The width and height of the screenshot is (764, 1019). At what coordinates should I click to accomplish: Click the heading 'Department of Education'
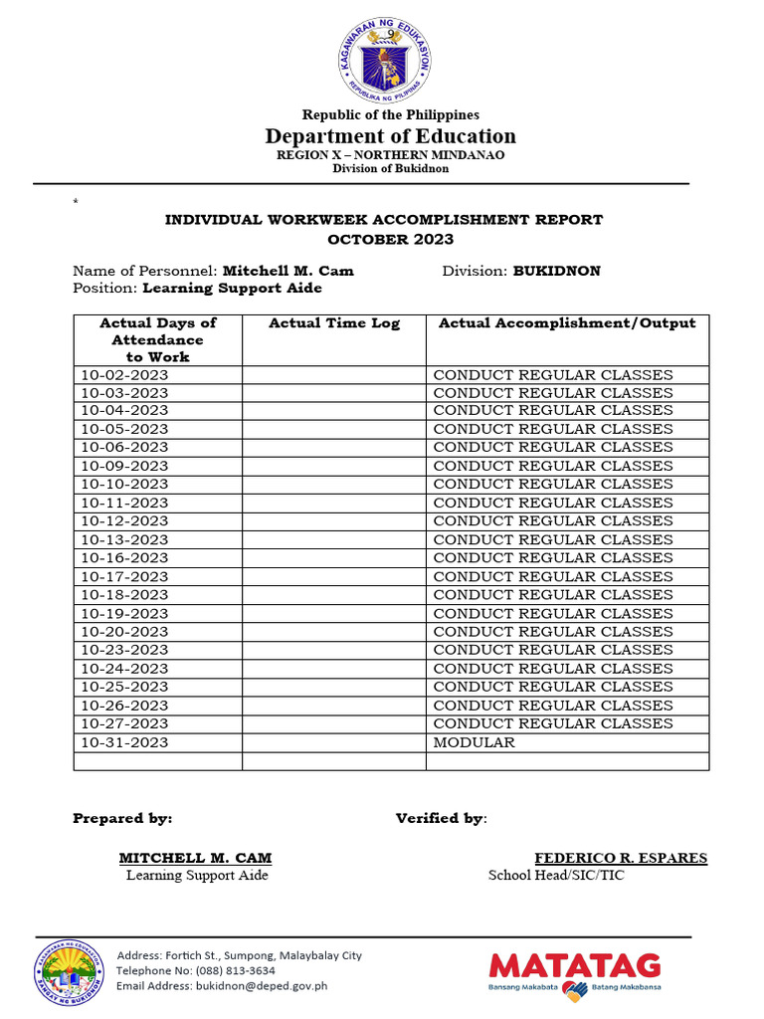tap(390, 136)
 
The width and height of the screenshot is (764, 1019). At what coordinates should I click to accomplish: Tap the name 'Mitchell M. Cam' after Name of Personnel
tap(287, 271)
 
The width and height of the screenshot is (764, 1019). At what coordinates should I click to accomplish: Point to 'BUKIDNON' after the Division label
tap(556, 271)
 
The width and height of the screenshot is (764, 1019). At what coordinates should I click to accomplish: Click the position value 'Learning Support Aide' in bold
tap(232, 288)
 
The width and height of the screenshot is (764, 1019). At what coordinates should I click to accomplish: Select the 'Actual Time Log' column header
tap(334, 323)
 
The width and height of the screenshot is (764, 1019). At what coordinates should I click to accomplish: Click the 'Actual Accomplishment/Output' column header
tap(567, 323)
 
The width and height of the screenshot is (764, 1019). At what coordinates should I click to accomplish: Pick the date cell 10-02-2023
tap(124, 375)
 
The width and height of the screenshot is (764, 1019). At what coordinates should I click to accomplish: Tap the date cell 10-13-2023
tap(124, 539)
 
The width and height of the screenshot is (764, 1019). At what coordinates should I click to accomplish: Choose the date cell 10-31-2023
tap(124, 742)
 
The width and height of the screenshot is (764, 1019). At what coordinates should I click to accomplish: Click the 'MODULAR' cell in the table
tap(474, 742)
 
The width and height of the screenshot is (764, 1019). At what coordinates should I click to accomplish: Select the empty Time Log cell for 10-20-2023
tap(334, 632)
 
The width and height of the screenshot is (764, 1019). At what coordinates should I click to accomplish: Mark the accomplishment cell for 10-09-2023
tap(553, 466)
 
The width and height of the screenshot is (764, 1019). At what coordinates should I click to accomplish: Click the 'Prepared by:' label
tap(122, 818)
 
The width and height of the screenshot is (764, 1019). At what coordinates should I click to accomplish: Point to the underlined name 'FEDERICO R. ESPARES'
tap(621, 858)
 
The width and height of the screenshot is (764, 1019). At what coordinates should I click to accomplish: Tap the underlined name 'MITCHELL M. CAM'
tap(195, 858)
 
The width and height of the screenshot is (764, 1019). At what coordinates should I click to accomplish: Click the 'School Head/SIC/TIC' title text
tap(556, 876)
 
